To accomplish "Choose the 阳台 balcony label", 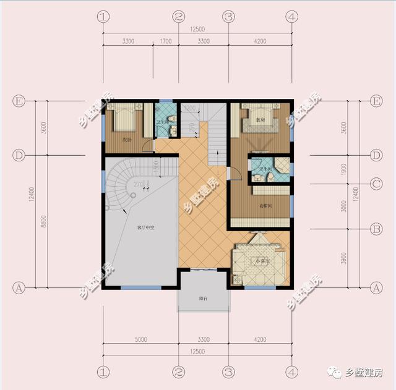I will point(203,298).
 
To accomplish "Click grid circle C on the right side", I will point(375,184).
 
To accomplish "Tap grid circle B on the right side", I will point(375,229).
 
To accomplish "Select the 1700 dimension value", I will point(166,41).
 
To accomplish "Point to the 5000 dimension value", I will point(140,339).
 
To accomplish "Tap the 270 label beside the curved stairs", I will point(138,184).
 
